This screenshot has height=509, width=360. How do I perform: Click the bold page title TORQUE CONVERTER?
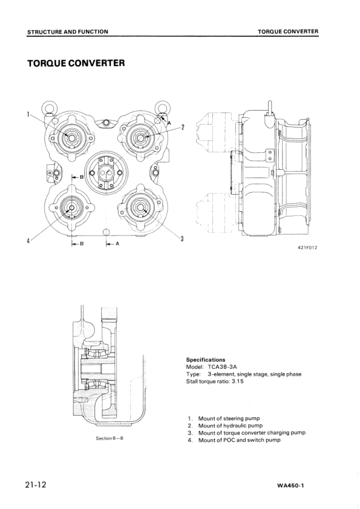point(76,63)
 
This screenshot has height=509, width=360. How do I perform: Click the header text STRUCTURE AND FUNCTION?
point(68,31)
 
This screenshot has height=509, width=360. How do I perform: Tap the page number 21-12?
point(36,485)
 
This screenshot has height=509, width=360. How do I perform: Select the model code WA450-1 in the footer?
point(290,486)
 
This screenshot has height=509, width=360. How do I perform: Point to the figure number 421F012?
point(307,248)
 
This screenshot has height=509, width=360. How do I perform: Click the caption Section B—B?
point(110,438)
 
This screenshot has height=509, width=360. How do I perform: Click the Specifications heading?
point(205,360)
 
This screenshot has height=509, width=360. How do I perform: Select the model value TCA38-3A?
point(220,367)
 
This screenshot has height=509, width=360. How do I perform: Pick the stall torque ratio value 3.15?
point(238,381)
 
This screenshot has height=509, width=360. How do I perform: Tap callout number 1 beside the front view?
point(28,114)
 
